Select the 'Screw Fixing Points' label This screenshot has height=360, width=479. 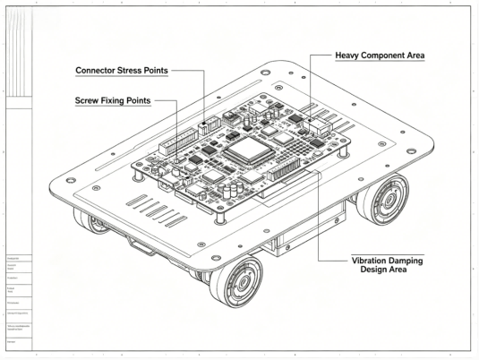(112, 101)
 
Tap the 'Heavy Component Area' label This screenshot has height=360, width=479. (380, 56)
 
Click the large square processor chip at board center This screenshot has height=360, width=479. (248, 151)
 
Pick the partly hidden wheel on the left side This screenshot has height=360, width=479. (93, 221)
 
